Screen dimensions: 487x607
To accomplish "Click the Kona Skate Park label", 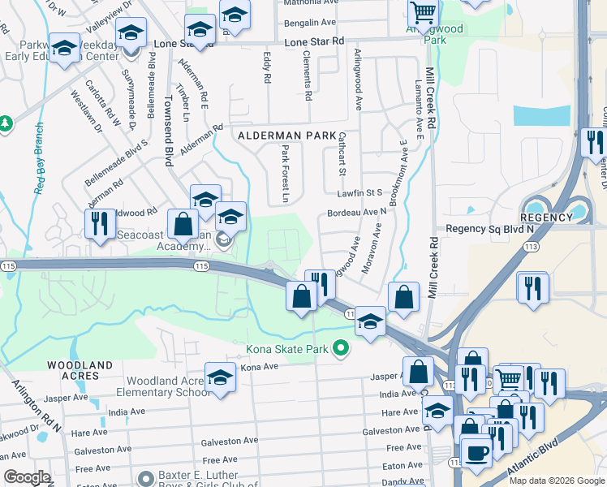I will click(x=287, y=349).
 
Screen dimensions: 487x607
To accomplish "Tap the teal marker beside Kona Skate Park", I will click(x=341, y=349).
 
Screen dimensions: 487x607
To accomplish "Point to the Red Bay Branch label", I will click(x=38, y=158).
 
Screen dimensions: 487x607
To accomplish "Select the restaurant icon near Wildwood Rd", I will click(x=100, y=223).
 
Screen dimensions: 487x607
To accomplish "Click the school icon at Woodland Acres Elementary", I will click(x=219, y=377).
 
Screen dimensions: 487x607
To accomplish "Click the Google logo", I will click(x=27, y=477).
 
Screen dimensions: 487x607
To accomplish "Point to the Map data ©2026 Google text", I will click(x=556, y=481).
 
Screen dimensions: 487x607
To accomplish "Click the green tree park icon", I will click(x=6, y=123).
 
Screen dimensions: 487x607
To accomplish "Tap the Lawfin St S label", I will click(x=359, y=193).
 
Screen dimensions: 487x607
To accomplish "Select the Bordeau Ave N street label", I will click(x=356, y=212).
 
